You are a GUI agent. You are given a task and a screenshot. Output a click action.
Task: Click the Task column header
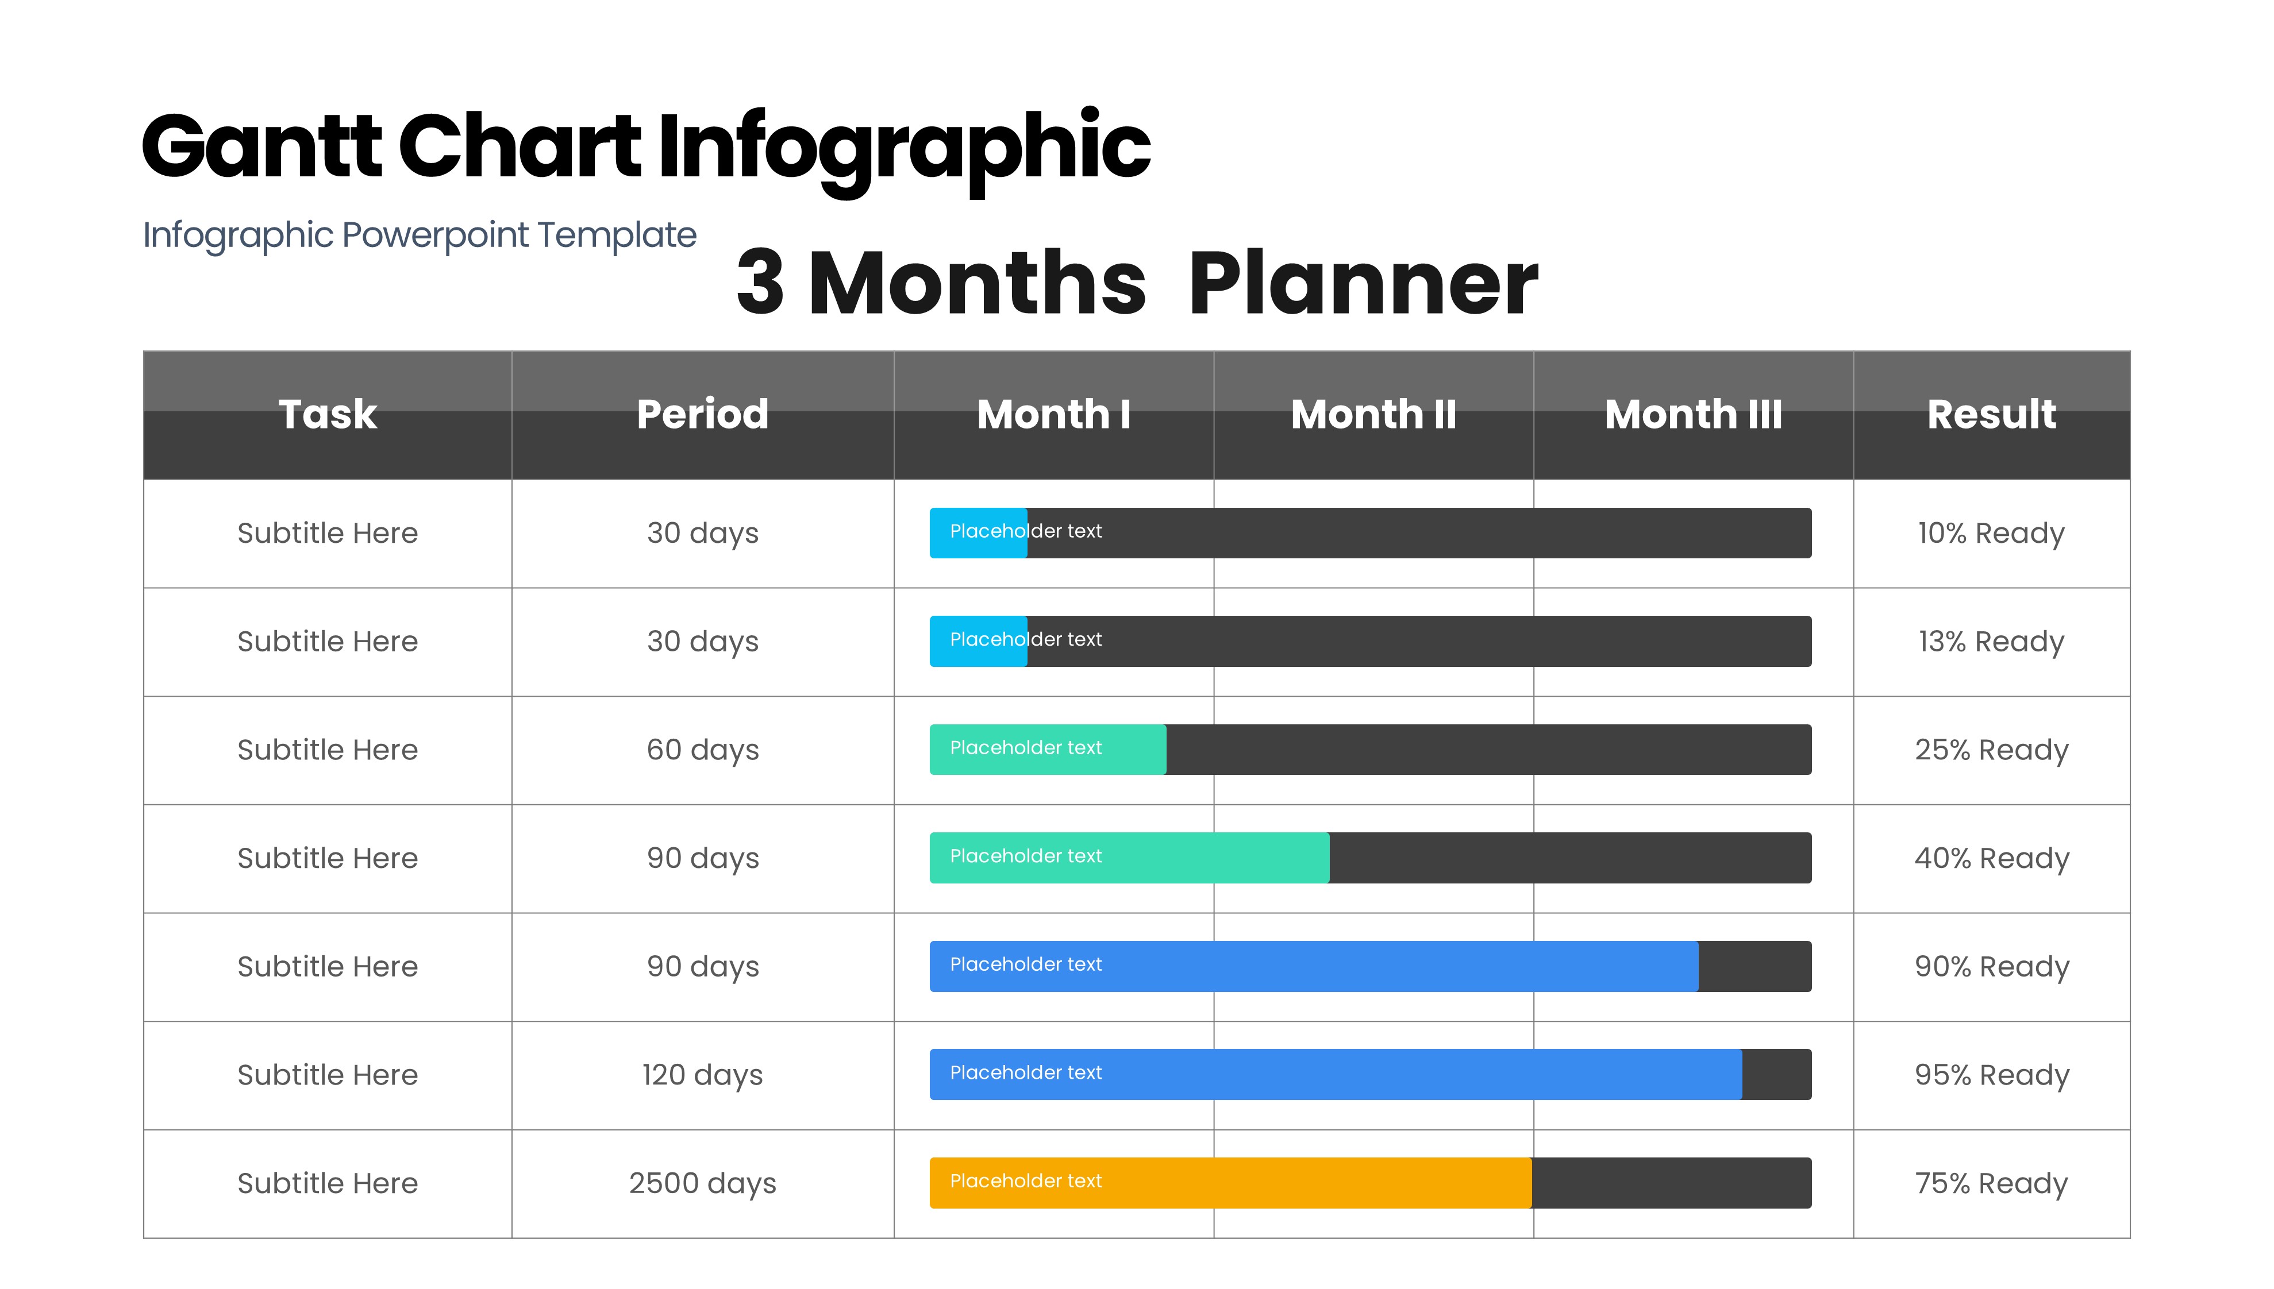coord(328,414)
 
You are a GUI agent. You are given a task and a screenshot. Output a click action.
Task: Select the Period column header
coord(702,414)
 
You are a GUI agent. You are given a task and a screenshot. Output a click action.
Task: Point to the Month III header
coord(1693,414)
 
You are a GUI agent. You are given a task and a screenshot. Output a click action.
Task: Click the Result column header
coord(1991,414)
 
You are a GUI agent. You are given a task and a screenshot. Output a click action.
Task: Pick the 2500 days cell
coord(702,1184)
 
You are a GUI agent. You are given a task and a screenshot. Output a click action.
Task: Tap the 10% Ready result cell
coord(1991,534)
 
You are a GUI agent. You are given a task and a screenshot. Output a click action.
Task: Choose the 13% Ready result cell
coord(1991,642)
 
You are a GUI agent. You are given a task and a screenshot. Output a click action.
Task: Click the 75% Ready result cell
coord(1991,1184)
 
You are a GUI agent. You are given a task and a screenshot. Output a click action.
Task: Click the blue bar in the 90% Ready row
coord(1314,966)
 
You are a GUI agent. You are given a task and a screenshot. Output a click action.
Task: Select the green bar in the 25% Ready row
coord(1048,750)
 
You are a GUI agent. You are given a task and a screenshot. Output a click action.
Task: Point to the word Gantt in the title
coord(261,146)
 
